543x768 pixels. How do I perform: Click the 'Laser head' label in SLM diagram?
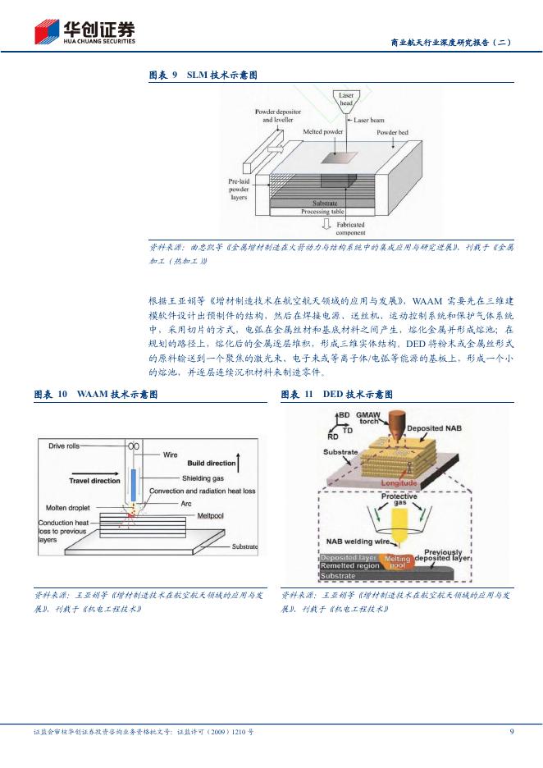click(x=347, y=99)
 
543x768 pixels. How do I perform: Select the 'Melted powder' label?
click(x=323, y=131)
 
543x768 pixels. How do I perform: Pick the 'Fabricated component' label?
click(x=350, y=228)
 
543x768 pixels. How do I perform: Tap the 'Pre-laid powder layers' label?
click(x=239, y=190)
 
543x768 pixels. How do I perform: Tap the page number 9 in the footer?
click(x=512, y=731)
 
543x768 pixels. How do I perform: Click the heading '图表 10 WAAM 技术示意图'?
click(x=96, y=395)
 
